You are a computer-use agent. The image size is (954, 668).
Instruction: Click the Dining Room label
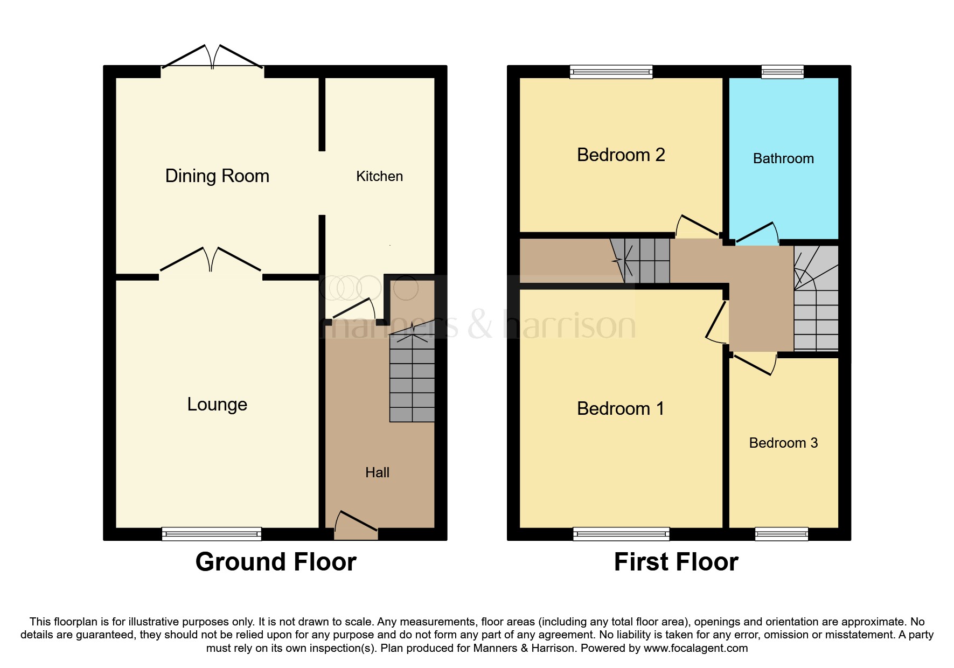217,176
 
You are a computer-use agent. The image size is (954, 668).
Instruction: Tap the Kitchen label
379,176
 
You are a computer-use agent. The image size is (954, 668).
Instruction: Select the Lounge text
217,405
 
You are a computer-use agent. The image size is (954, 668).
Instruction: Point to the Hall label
377,472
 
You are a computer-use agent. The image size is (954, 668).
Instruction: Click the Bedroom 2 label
621,155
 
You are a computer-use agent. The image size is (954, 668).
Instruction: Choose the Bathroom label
783,158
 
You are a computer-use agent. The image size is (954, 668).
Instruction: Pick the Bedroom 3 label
783,443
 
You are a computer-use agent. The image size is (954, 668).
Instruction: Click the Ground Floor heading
276,562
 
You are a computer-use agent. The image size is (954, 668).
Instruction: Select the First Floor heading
676,562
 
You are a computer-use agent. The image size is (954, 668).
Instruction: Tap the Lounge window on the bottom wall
212,534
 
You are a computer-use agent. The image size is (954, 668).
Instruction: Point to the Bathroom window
782,72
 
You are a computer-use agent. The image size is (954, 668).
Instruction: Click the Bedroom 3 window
782,534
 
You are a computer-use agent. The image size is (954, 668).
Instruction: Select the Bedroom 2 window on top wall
611,72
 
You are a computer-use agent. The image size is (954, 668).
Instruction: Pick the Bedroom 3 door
754,364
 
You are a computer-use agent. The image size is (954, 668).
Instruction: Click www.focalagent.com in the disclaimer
695,648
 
